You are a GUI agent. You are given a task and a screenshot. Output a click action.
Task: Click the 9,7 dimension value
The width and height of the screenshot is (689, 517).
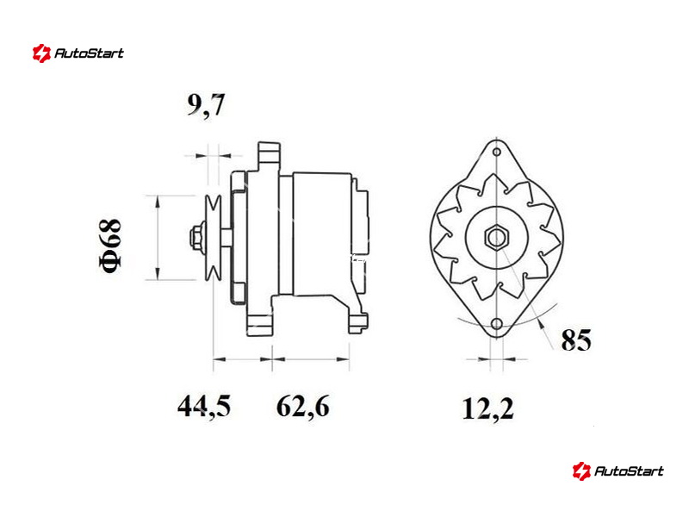(x=206, y=105)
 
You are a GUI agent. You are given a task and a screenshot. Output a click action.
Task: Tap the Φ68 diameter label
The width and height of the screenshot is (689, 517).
(x=109, y=246)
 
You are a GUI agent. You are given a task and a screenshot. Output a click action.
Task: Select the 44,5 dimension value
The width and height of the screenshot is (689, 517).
(x=204, y=406)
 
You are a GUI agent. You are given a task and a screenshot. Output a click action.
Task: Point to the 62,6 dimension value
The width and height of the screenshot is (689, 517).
(x=303, y=406)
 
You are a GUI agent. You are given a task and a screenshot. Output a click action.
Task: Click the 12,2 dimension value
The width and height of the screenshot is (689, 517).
(x=487, y=408)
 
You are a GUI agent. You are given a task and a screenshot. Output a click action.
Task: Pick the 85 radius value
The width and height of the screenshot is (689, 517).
(x=576, y=339)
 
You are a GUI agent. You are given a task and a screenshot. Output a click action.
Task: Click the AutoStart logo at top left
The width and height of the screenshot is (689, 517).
(x=78, y=53)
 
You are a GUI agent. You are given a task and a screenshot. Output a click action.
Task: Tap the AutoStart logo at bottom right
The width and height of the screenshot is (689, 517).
(x=618, y=470)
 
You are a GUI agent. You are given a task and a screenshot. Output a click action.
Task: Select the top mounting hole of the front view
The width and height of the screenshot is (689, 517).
(x=497, y=153)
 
